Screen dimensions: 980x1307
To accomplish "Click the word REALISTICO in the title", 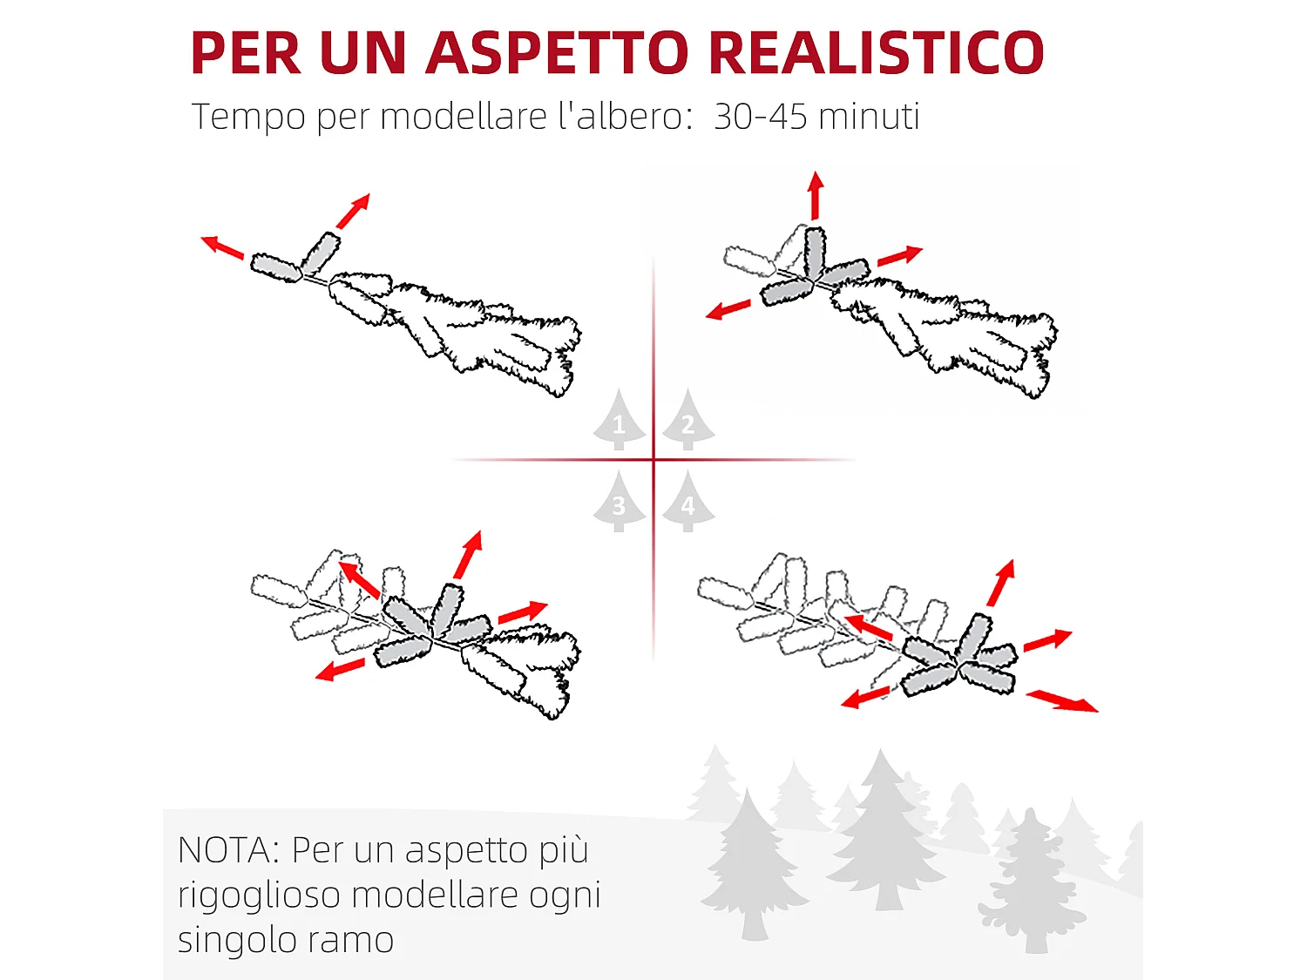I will [x=877, y=53].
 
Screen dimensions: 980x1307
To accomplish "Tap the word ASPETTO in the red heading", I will [x=558, y=53].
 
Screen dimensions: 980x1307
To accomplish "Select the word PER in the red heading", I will [x=246, y=53].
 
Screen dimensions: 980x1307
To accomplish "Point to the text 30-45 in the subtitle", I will [x=760, y=117].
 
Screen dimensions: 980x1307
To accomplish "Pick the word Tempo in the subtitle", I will [x=248, y=117].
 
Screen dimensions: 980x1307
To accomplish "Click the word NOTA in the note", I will [x=225, y=850].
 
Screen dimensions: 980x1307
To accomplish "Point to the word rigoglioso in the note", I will [x=259, y=896].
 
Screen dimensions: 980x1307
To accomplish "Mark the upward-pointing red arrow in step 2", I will [x=816, y=195].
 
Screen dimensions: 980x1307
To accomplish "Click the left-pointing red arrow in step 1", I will [x=222, y=247].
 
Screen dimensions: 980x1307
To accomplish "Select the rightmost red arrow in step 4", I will [x=1063, y=700].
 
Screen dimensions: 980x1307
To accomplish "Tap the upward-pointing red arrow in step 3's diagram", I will [x=468, y=555].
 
